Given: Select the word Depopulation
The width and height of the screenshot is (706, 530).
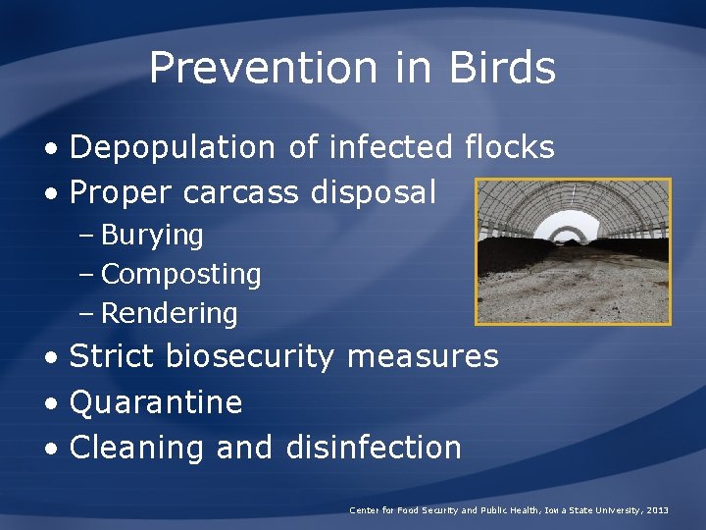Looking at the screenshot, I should pos(173,148).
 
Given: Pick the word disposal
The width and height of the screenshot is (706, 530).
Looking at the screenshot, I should pos(374,193).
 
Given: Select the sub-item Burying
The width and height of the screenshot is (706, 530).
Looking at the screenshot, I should pos(152,236).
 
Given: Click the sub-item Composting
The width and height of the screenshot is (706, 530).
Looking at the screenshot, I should pos(180,275).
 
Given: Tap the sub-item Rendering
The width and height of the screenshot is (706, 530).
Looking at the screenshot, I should pos(169,314).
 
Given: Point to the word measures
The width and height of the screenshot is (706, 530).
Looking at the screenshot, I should pos(423,356).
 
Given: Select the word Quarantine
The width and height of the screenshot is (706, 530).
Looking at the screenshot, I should pos(156,402).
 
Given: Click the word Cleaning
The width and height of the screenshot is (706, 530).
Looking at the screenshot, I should pos(137,448).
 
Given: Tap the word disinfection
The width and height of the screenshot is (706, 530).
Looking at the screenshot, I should pos(374,448).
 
